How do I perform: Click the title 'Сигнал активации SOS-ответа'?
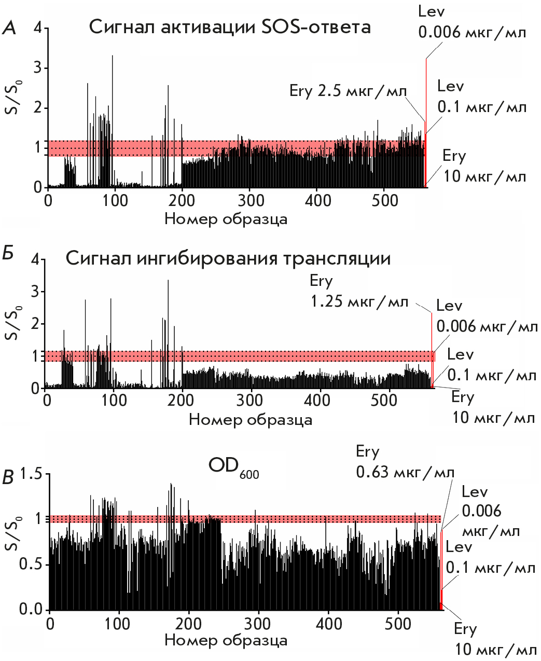(230, 26)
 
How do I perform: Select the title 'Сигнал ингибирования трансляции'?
(228, 258)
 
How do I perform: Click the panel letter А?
(9, 28)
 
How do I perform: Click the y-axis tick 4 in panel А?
(37, 28)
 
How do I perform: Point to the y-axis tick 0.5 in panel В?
(31, 564)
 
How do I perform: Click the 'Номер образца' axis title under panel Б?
(251, 419)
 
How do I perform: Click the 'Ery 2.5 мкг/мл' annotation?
(348, 91)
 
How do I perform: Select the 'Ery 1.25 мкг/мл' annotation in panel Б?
(359, 292)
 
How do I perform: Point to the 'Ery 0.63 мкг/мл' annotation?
(405, 462)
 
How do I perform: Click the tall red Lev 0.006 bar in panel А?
(426, 119)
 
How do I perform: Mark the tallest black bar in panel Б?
(168, 332)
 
